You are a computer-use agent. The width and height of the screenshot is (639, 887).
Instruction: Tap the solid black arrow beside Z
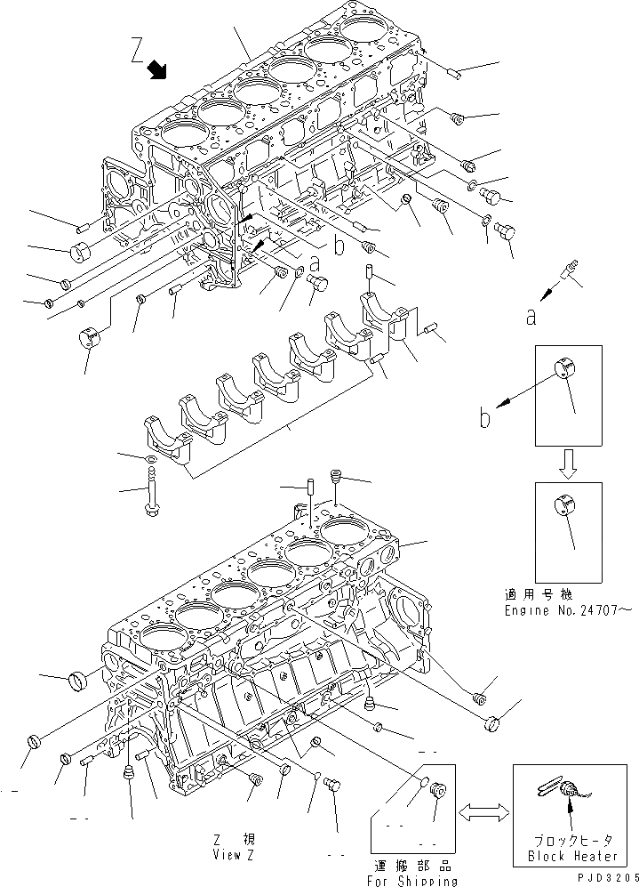click(x=158, y=68)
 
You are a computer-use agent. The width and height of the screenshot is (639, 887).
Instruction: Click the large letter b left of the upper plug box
click(x=485, y=417)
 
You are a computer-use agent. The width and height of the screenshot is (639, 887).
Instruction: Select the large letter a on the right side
click(x=530, y=314)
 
